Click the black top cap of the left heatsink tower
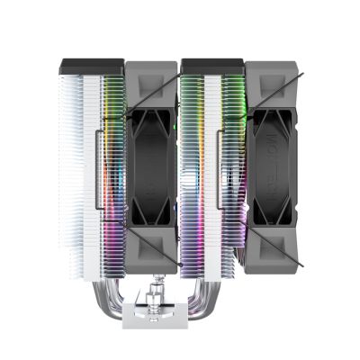pyautogui.click(x=90, y=66)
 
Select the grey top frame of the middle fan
pyautogui.click(x=152, y=76)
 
